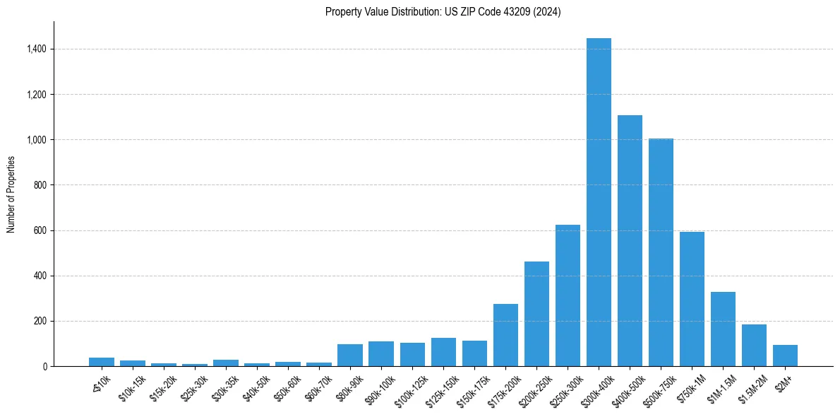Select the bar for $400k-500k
[630, 240]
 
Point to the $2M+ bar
[785, 356]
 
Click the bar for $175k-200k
[505, 335]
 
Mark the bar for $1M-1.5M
[723, 329]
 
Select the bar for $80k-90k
[350, 355]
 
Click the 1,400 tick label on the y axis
[37, 49]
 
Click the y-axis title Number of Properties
[11, 194]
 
